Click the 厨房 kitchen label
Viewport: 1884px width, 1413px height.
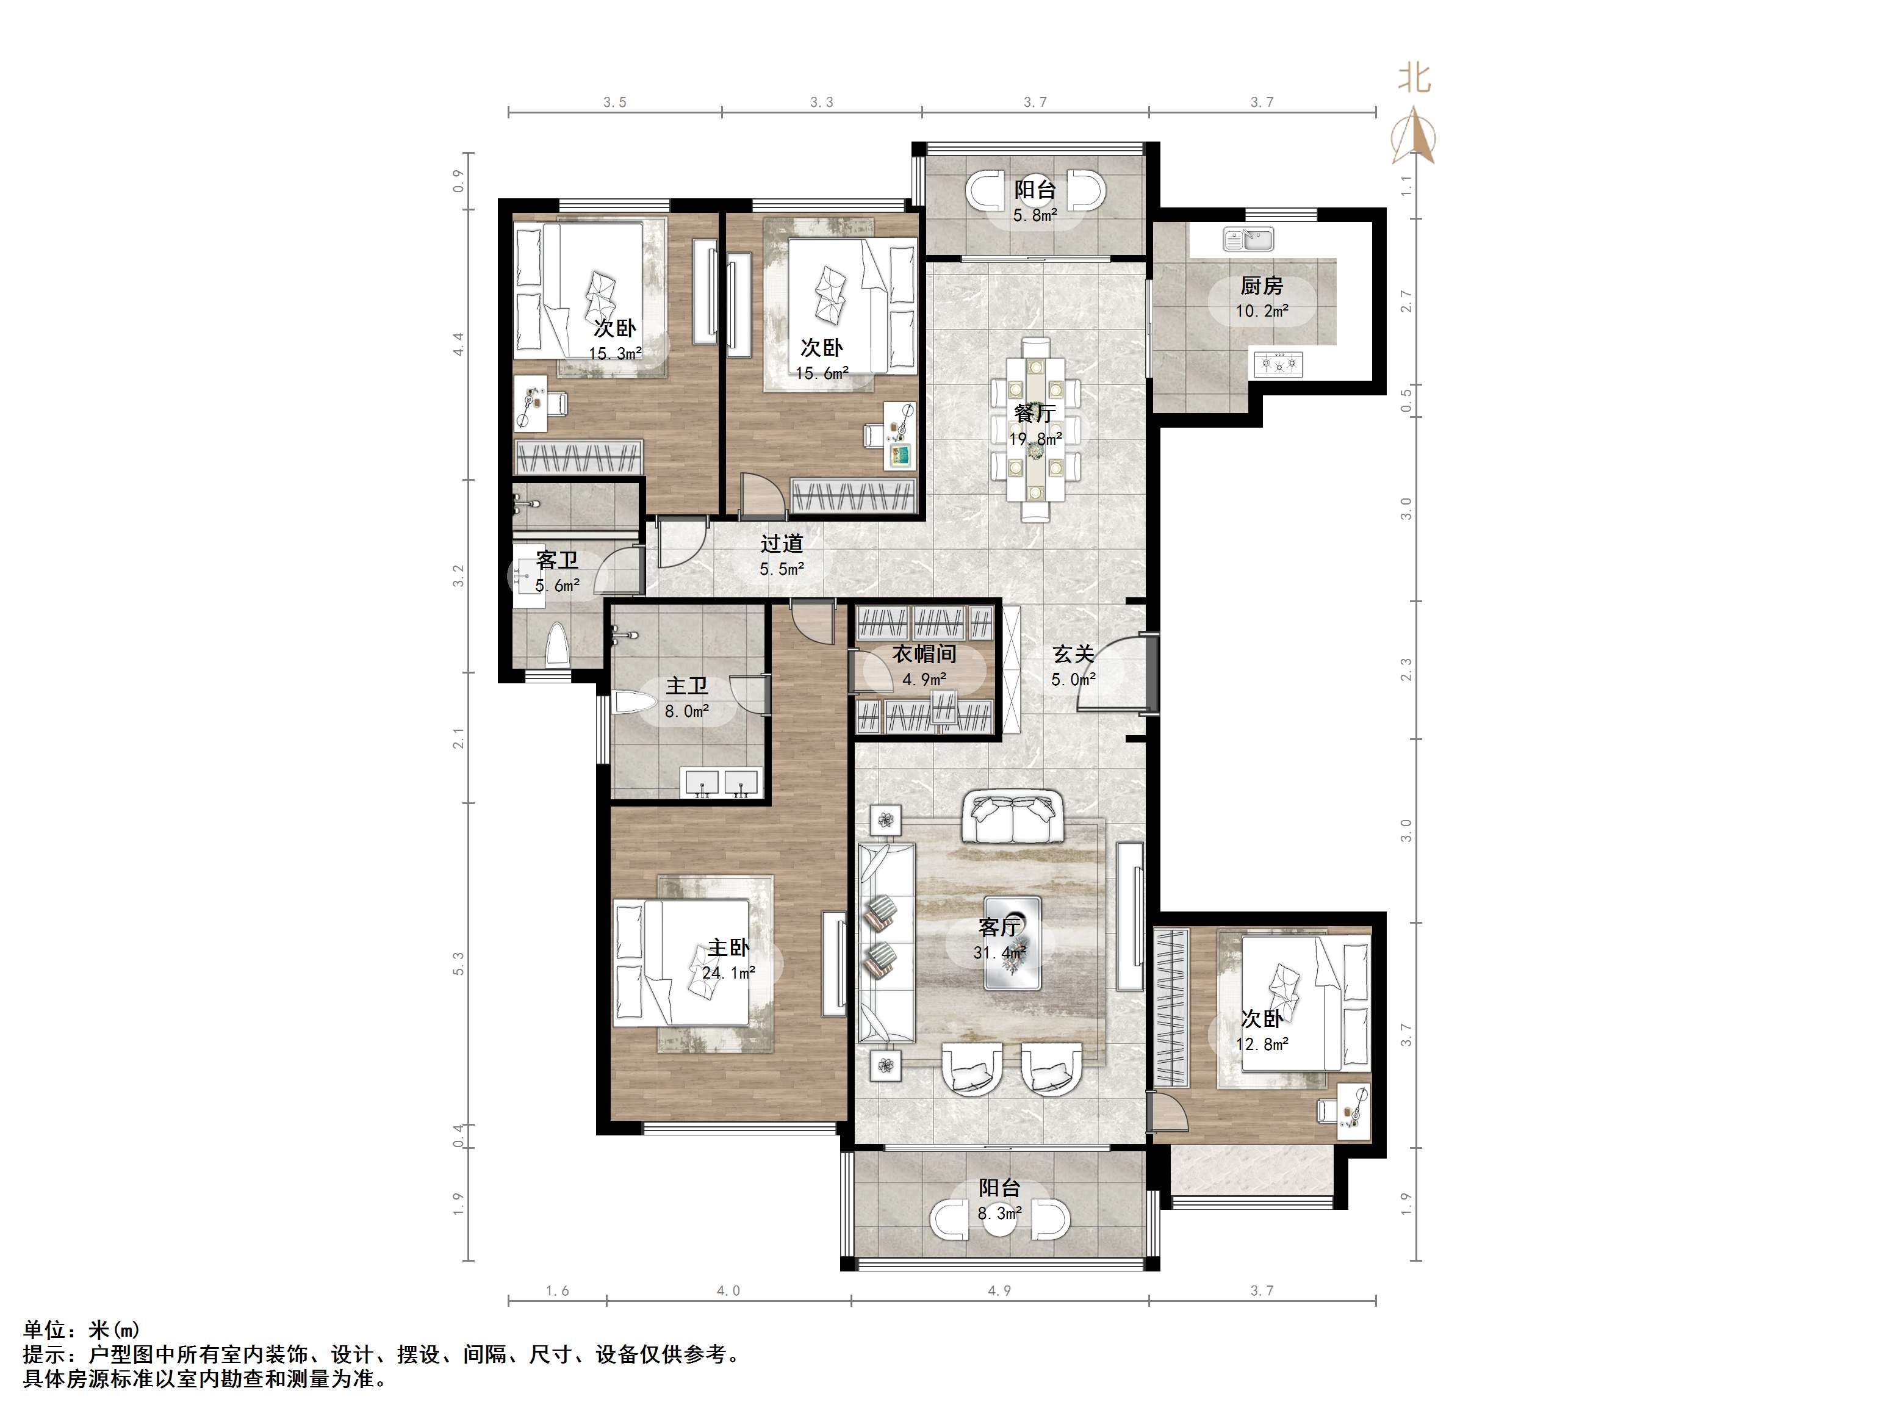point(1262,286)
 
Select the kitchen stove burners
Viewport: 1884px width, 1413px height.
point(1278,364)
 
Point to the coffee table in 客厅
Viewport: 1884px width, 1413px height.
point(1013,942)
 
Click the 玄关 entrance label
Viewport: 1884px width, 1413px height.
point(1073,653)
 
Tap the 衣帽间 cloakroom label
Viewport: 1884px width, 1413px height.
point(924,653)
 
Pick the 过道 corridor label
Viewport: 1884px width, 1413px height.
point(781,542)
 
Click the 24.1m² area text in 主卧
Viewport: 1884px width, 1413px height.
point(729,973)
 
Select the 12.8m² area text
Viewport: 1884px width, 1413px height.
point(1262,1043)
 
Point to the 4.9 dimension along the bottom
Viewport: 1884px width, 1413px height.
point(999,1291)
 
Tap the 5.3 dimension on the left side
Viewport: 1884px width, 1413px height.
point(459,963)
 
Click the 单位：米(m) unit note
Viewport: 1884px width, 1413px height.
point(82,1329)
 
